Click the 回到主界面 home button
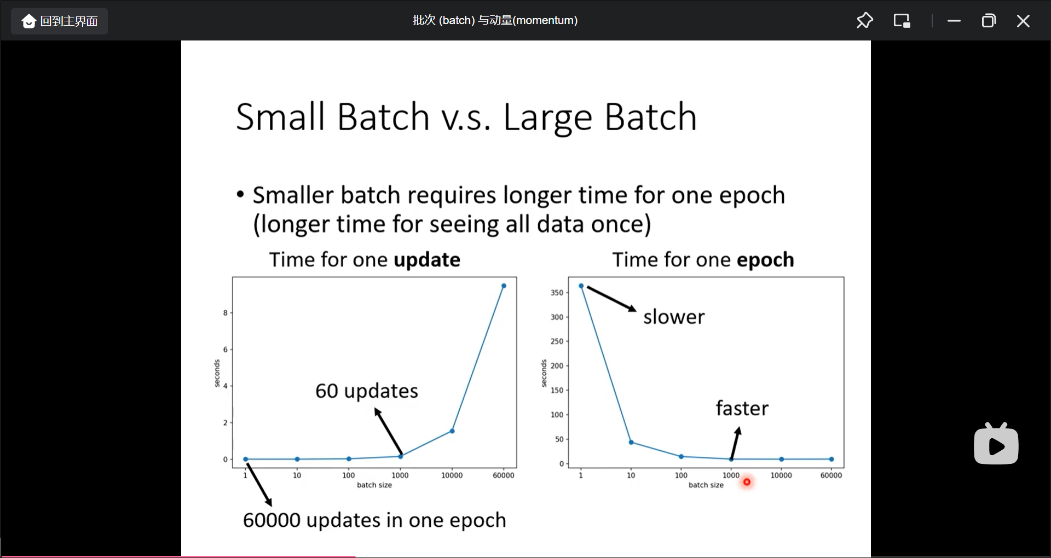coord(60,21)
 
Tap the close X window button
coord(1023,21)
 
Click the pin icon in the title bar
coord(864,21)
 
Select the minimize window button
coord(954,21)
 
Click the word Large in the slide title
coord(547,118)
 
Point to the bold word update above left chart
coord(427,260)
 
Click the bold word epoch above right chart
coord(765,260)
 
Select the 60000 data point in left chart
coord(504,286)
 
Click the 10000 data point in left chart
coord(452,431)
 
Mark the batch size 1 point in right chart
coord(581,286)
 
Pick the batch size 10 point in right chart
coord(631,442)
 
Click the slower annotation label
coord(674,317)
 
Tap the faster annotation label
coord(742,408)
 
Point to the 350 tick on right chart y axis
coord(557,293)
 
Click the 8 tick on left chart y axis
coord(225,313)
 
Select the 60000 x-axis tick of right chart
coord(831,475)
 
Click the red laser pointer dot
coord(747,482)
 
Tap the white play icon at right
coord(996,444)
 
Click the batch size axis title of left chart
coord(374,485)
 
